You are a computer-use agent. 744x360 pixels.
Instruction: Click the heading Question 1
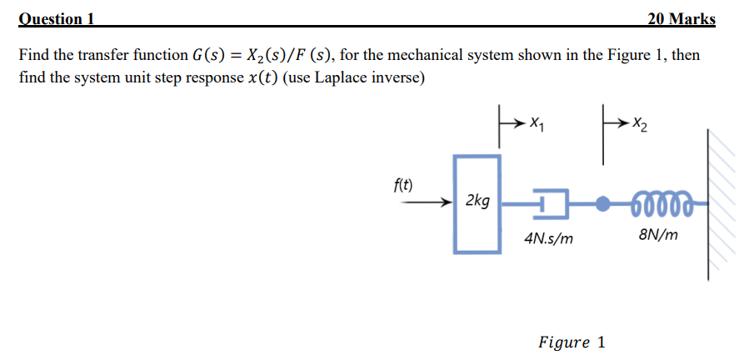click(x=56, y=18)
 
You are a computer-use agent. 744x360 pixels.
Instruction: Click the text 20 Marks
click(x=681, y=18)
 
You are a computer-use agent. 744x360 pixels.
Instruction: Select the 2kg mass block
click(x=477, y=202)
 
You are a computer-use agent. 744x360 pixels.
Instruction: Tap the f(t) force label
click(x=407, y=184)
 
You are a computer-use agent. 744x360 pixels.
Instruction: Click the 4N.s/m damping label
click(x=549, y=238)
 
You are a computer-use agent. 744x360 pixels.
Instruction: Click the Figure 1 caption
click(x=572, y=342)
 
